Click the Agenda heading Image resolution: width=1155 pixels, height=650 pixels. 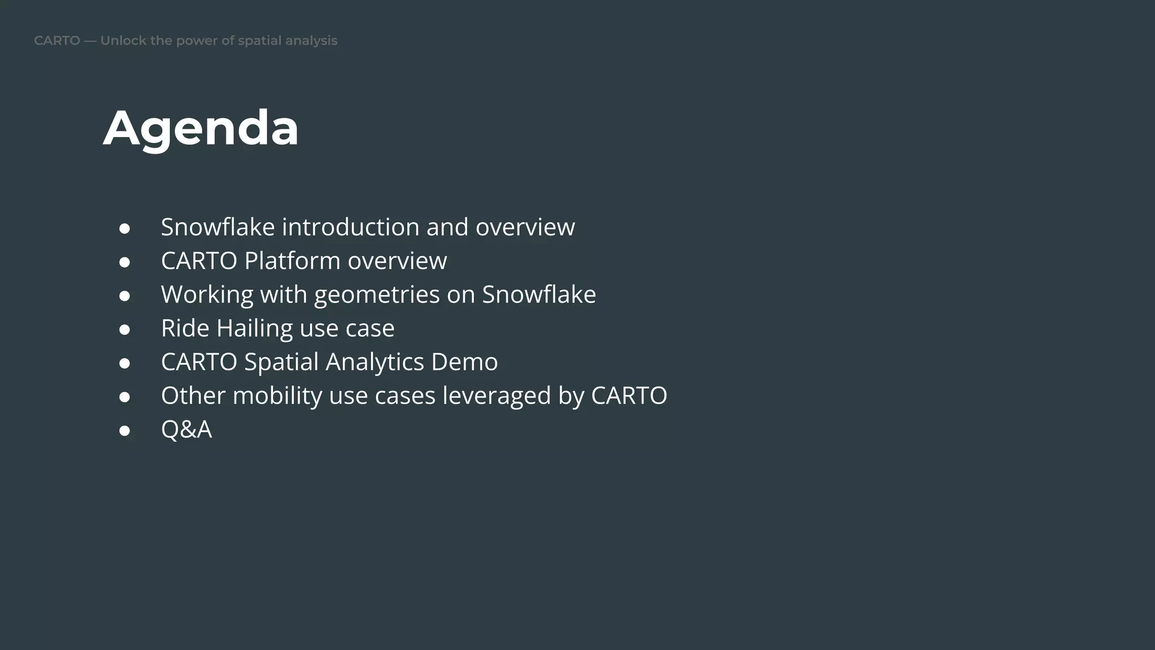201,129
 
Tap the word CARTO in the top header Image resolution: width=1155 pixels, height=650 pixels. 57,41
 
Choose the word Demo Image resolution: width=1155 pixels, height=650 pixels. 464,362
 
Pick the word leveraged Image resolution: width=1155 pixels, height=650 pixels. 497,396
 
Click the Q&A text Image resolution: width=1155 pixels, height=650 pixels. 186,429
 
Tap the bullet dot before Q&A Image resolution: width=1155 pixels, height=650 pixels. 125,431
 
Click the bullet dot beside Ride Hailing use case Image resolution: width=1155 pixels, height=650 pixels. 125,330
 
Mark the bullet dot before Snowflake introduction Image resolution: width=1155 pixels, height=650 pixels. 125,229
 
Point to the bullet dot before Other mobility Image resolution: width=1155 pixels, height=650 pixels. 125,397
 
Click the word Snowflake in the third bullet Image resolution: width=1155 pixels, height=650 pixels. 539,295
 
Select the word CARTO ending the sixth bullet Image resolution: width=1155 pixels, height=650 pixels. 629,396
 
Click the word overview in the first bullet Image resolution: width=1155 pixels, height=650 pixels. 525,227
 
